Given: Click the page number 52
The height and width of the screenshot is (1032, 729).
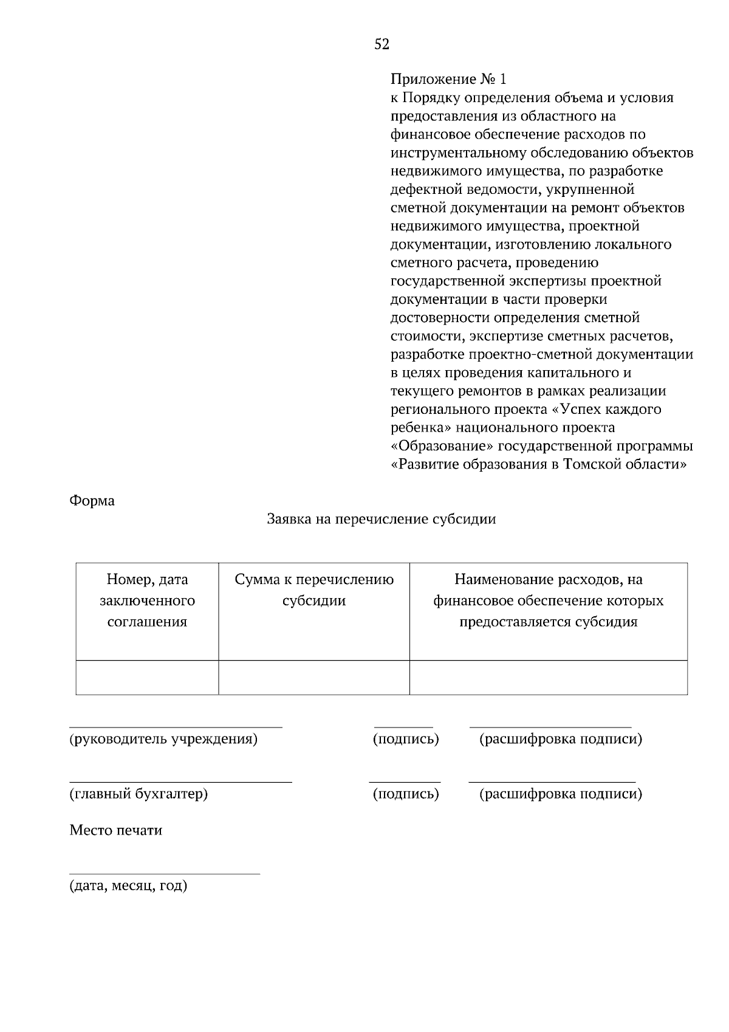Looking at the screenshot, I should coord(382,44).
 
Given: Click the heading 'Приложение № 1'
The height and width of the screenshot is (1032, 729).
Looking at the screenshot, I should coord(448,80).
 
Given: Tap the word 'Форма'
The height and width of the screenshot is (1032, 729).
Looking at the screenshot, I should coord(92,501).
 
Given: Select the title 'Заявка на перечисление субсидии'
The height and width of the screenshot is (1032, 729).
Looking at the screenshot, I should coord(382,520).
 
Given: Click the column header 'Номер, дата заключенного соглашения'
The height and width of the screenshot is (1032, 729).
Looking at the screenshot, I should coord(147,601).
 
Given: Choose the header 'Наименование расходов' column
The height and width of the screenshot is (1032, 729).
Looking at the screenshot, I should coord(548,601).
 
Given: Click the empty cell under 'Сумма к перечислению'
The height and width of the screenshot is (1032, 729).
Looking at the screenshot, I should coord(314,678).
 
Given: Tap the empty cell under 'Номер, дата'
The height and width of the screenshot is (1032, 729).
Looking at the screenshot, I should coord(147,678).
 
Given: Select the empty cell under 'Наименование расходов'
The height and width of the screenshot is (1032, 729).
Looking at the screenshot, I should coord(548,678).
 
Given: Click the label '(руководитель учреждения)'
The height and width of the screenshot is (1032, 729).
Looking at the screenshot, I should coord(163,740).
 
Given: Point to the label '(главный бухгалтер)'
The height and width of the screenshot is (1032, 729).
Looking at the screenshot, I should coord(139,794).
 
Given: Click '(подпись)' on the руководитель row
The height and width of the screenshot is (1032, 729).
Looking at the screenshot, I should coord(405,740).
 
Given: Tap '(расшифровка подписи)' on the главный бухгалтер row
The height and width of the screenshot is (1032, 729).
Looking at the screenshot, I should coord(561,794).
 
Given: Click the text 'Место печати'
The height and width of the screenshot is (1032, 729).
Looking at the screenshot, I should coord(116,831).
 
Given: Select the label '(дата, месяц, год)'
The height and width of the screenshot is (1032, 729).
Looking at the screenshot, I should coord(128,886).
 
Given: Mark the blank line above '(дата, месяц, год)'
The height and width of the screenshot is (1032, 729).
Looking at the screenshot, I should coord(164,873).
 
